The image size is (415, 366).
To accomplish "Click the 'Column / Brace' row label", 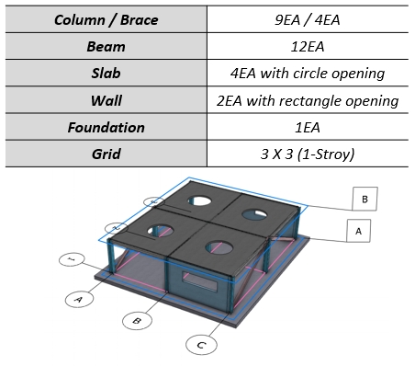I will point(105,18).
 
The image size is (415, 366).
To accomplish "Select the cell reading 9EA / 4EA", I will point(309,18).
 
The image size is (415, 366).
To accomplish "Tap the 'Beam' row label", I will point(105,45).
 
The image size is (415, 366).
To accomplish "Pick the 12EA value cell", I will point(309,45).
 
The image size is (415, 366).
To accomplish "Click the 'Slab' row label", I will point(105,73).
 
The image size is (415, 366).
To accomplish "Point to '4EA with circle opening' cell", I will point(309,73).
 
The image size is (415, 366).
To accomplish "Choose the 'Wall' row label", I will point(105,100).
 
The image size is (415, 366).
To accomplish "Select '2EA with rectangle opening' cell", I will point(309,100).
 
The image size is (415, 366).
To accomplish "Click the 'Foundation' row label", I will point(105,128).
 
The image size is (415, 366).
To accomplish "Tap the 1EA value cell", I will point(309,128).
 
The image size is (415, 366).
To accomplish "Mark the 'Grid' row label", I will point(105,154).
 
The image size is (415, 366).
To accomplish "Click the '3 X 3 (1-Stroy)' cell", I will point(309,154).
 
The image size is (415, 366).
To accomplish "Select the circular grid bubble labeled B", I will point(137,321).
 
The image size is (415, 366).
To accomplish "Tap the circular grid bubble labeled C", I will point(200,345).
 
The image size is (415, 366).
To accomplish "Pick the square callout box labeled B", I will point(365,199).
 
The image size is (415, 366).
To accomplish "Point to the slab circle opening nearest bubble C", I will point(219,246).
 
